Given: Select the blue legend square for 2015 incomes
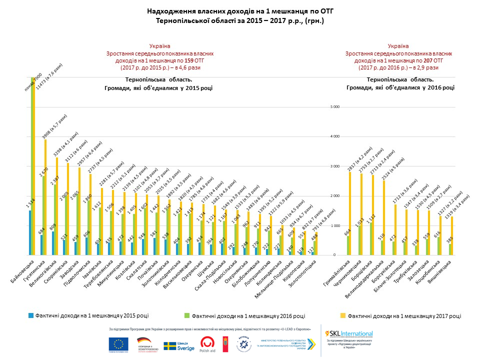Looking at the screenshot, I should [x=31, y=315].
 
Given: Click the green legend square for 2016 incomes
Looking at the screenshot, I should [x=187, y=315].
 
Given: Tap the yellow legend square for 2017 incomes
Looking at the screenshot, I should [x=343, y=315].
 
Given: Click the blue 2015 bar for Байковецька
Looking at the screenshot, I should [x=30, y=232].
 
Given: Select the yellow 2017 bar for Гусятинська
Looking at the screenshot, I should [x=45, y=197].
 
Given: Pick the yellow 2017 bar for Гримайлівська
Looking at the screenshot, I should [x=350, y=213].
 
